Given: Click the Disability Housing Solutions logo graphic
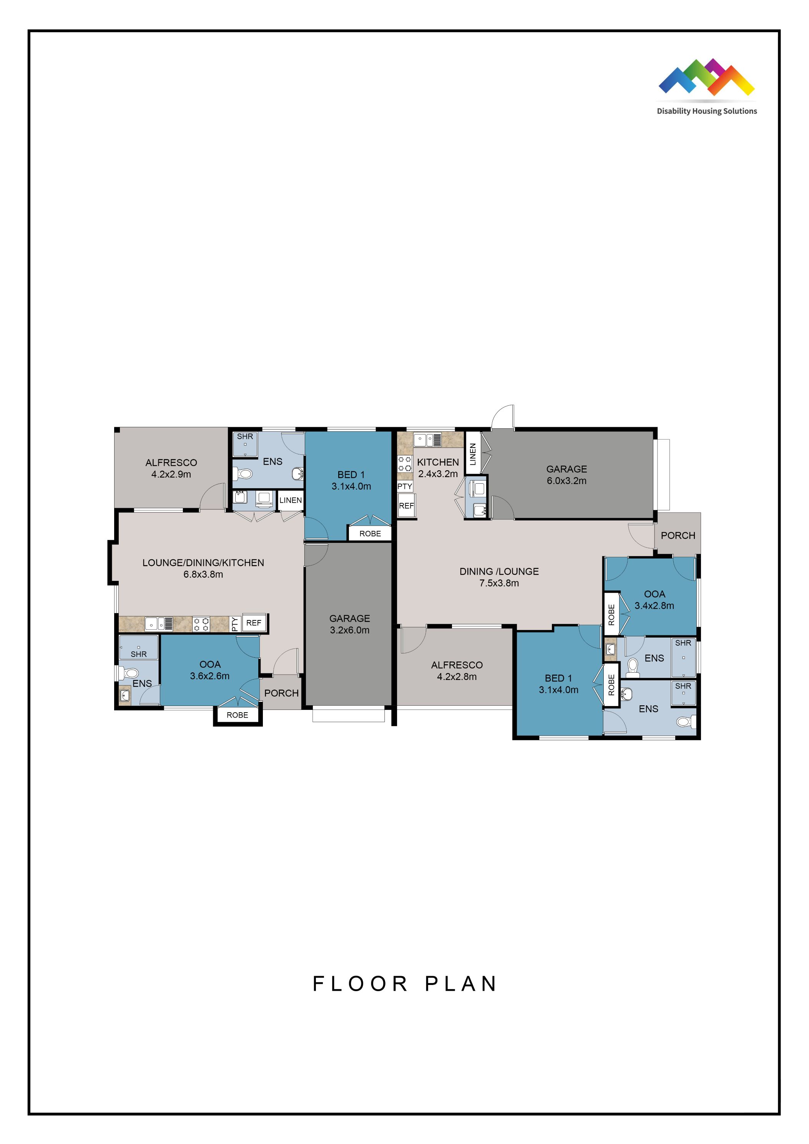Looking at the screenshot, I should coord(706,77).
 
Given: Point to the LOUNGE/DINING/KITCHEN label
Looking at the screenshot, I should coord(203,562).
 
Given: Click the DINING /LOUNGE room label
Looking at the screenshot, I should coord(499,572).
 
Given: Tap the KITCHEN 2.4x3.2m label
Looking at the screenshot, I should coord(438,468).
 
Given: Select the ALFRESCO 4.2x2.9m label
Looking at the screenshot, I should coord(171,468).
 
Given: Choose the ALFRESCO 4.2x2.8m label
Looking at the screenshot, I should coord(457,671).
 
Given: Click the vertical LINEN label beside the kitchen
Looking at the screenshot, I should coord(473,453).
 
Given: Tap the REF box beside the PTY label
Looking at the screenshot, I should coord(254,623).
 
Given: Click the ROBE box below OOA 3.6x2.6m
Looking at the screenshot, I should coord(237,715).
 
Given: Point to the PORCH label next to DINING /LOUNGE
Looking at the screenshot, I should coord(678,536).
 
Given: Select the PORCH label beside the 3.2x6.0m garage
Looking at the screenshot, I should coord(281,693).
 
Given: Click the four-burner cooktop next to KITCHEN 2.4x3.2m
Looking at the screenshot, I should coord(405,464).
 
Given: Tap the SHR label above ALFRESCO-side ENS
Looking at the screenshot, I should coord(245,436).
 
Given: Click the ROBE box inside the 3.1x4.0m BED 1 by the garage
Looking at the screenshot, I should coord(370,534).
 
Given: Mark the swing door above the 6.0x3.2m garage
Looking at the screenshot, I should coord(502,418).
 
